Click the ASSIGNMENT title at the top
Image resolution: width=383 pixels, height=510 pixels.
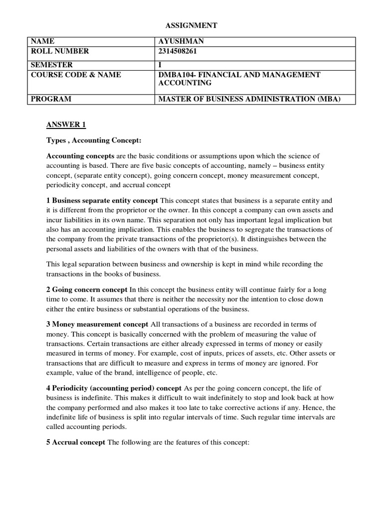[191, 25]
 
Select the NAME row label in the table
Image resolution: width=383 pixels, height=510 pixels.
[42, 41]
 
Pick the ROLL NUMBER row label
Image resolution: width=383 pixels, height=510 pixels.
[60, 51]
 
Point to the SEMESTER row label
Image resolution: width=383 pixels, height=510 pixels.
[52, 65]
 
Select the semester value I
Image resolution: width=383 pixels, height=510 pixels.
[160, 65]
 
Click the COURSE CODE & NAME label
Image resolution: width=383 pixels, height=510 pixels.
[76, 74]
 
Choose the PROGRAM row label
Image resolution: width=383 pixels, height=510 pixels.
[51, 99]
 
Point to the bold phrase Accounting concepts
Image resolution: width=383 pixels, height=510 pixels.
[80, 156]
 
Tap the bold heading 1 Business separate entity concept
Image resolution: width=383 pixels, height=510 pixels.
[102, 200]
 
